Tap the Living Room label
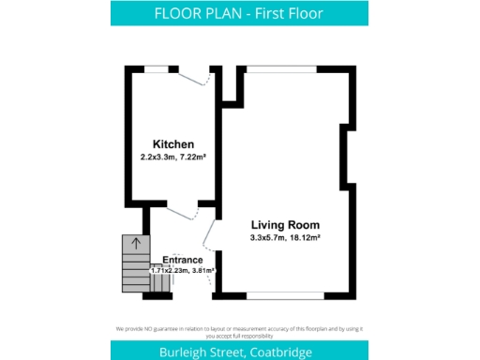point(285,225)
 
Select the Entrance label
point(183,260)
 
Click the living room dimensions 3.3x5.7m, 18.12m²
point(285,238)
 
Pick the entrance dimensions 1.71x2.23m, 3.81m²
point(183,270)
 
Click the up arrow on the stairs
point(136,244)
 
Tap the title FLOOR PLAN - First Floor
point(239,13)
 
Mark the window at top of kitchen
point(157,67)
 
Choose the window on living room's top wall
point(281,67)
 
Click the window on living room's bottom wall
point(281,296)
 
